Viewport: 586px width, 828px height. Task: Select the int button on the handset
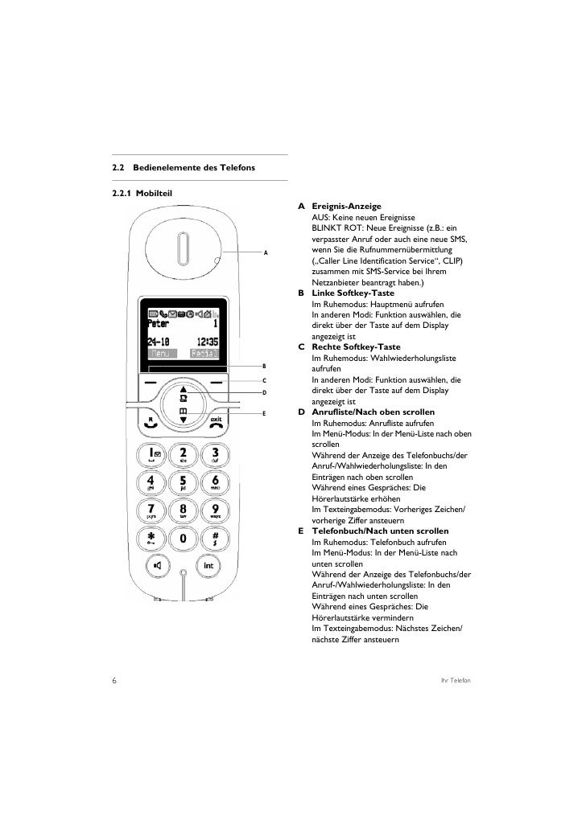tap(208, 565)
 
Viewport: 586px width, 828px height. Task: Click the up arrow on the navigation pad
tap(183, 391)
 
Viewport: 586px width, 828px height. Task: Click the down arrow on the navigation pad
tap(183, 418)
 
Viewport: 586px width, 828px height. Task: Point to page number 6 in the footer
tap(114, 682)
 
